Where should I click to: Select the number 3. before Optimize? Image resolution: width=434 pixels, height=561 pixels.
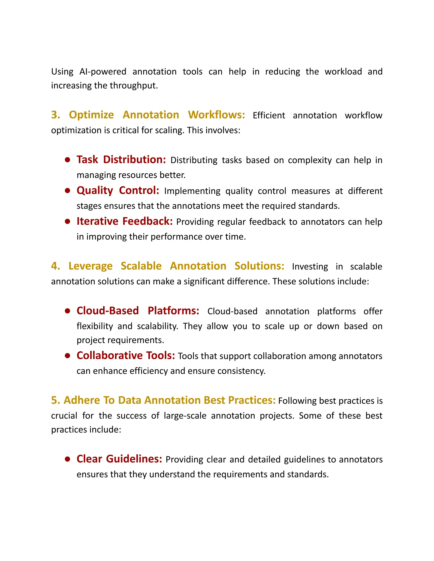pos(55,115)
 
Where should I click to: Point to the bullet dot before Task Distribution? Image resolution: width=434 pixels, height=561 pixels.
pos(68,160)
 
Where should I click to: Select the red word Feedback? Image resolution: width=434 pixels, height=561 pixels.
pos(147,221)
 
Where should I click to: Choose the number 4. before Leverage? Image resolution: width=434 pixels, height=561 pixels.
pos(55,266)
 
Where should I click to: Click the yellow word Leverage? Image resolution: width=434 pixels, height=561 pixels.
pos(90,266)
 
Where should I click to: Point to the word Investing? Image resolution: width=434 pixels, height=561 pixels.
pos(310,267)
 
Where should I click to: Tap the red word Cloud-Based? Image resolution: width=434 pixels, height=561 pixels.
pos(107,311)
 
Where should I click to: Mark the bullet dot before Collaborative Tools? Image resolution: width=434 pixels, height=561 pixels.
pos(68,356)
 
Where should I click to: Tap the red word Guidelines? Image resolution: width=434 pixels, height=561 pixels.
pos(134,459)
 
